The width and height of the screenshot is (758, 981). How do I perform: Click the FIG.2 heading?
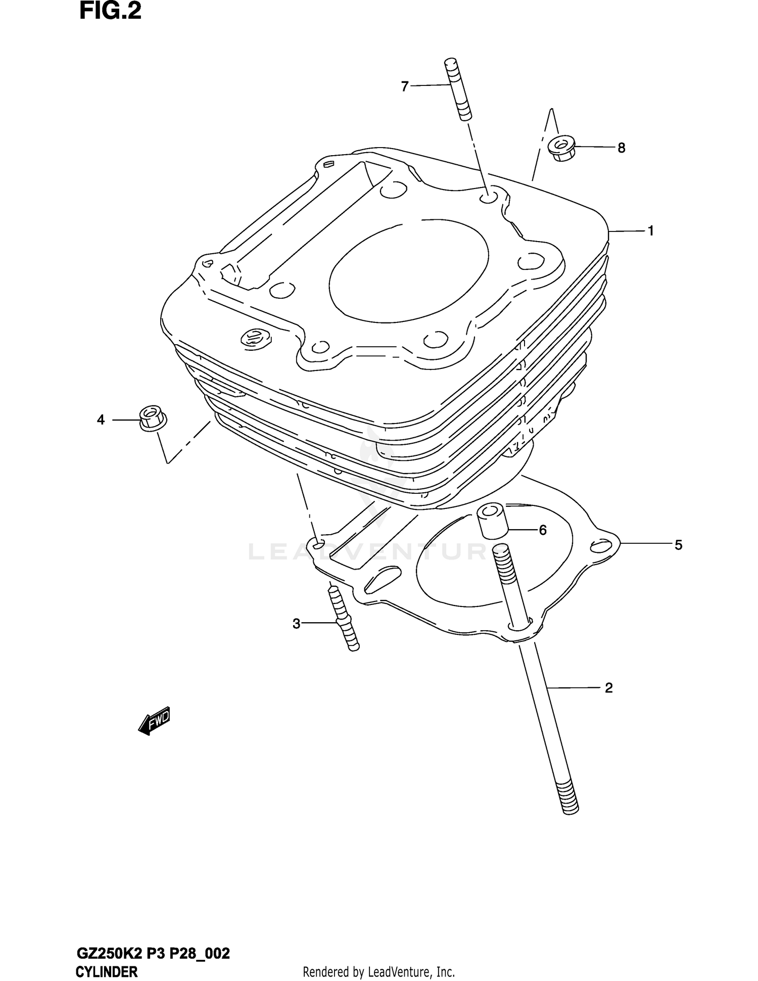click(x=110, y=12)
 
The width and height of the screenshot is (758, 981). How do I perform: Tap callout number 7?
click(x=404, y=87)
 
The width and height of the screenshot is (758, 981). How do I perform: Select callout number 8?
click(x=621, y=148)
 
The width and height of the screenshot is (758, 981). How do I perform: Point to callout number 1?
click(x=651, y=231)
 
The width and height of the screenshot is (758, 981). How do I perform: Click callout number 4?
click(x=101, y=419)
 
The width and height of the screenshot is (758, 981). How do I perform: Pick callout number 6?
click(x=542, y=530)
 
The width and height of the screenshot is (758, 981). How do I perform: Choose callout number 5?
click(x=678, y=545)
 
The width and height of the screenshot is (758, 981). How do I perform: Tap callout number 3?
click(x=297, y=624)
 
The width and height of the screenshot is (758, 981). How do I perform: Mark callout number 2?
click(x=608, y=688)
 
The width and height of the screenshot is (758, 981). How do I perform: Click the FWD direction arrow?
click(x=154, y=721)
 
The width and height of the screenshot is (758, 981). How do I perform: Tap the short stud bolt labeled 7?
click(x=457, y=90)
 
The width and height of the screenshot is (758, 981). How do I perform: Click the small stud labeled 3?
click(x=344, y=618)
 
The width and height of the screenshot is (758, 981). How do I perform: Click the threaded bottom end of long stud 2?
click(x=567, y=799)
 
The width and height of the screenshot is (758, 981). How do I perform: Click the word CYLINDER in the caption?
click(x=106, y=972)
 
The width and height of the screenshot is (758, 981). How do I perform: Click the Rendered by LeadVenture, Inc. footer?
click(x=378, y=972)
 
